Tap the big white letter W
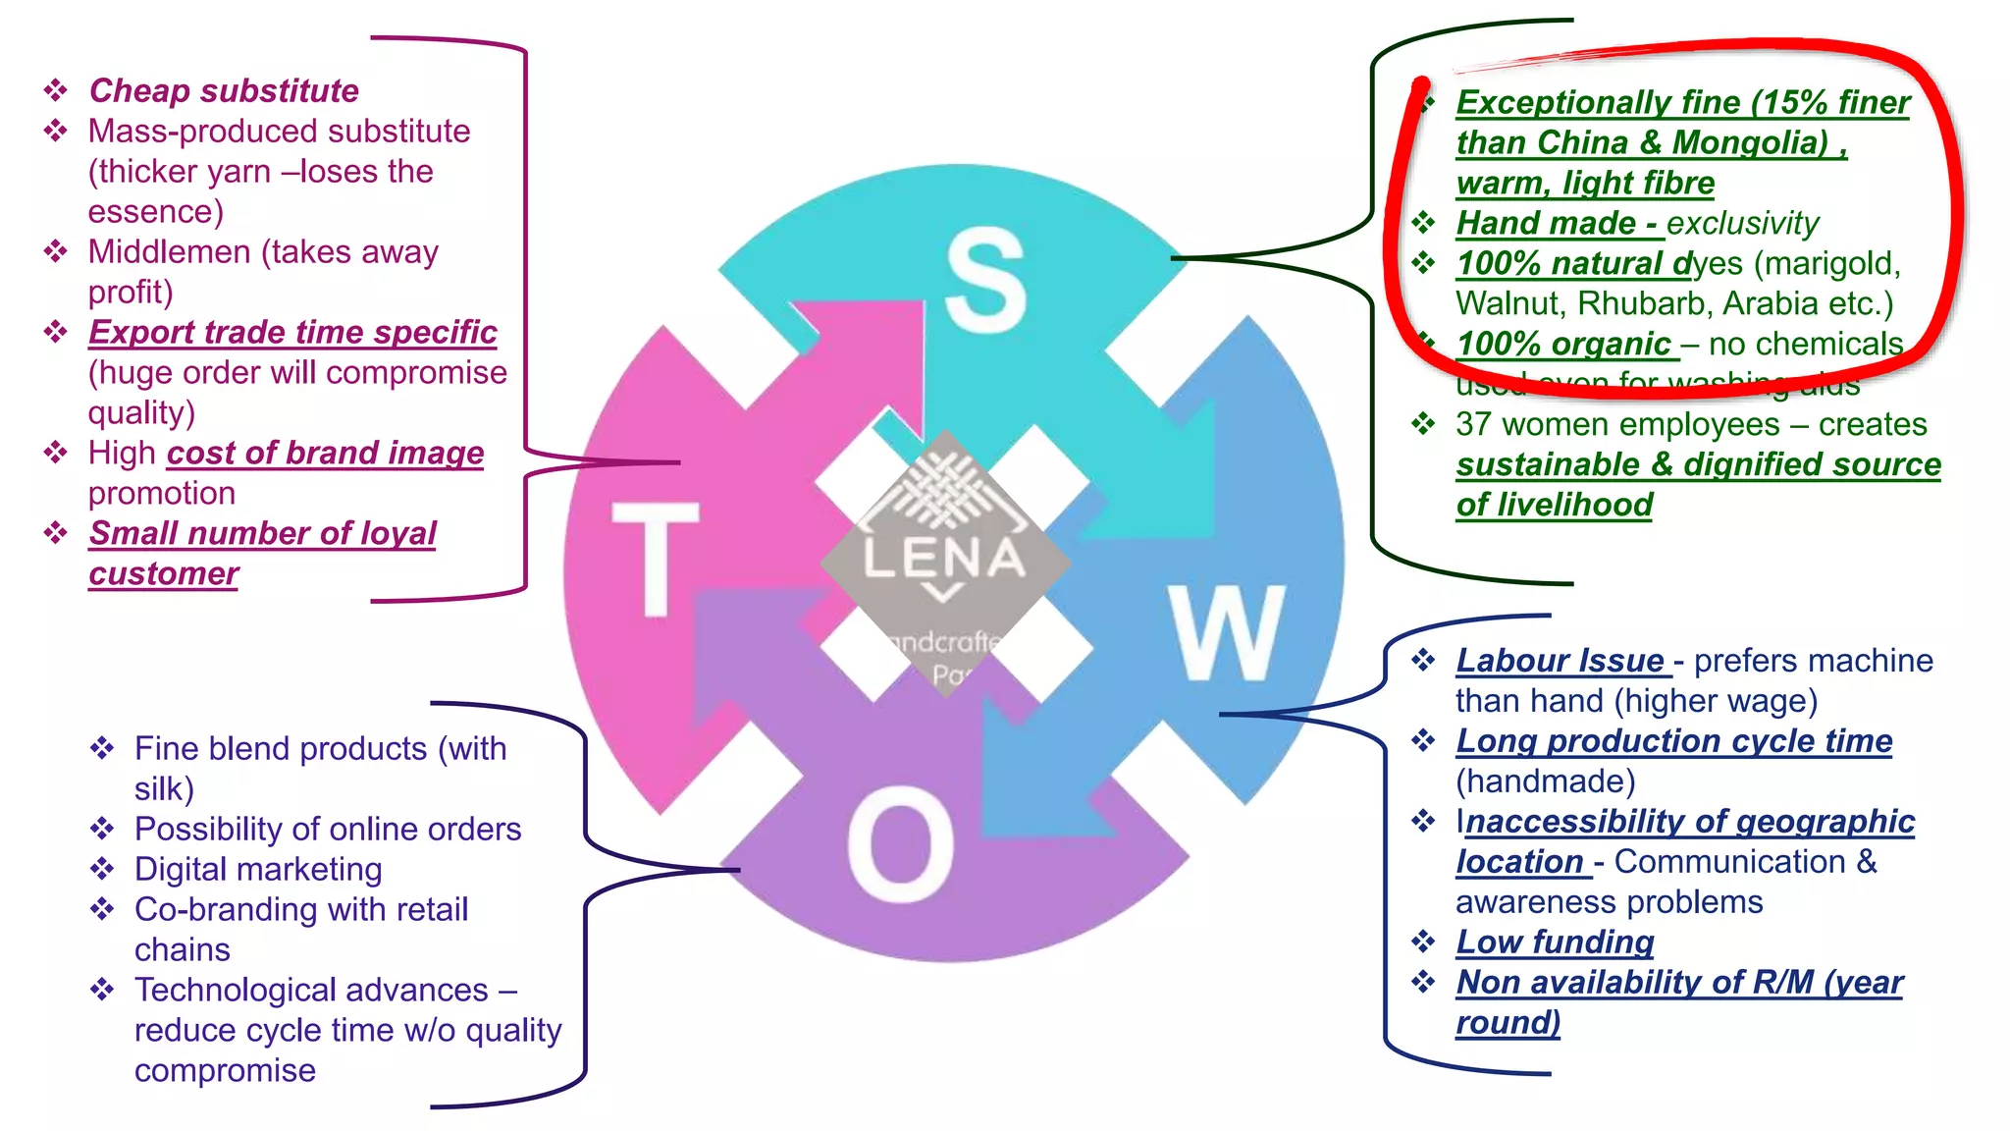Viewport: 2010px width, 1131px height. click(x=1226, y=633)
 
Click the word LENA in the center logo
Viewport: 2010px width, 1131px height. click(x=943, y=558)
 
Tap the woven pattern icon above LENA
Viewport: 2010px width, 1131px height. click(x=942, y=491)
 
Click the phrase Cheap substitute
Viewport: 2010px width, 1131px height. click(x=224, y=90)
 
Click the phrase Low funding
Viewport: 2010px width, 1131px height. click(x=1555, y=942)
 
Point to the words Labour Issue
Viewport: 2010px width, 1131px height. click(x=1560, y=660)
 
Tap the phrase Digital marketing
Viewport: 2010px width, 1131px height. click(x=258, y=869)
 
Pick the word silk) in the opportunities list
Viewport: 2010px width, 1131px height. click(x=164, y=788)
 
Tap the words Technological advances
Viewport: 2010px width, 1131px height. click(x=311, y=990)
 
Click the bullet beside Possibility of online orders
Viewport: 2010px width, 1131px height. click(x=102, y=829)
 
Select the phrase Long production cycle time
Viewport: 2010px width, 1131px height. click(x=1673, y=740)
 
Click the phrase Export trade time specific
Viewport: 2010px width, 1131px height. click(x=292, y=332)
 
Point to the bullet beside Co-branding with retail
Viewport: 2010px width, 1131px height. click(x=102, y=909)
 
